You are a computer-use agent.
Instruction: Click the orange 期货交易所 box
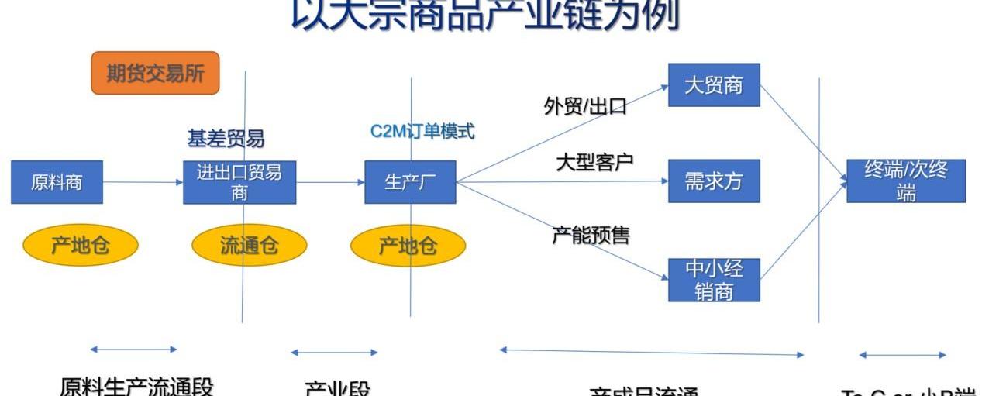pyautogui.click(x=155, y=73)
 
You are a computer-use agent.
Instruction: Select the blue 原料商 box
pyautogui.click(x=57, y=182)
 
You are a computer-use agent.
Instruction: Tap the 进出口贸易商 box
pyautogui.click(x=239, y=182)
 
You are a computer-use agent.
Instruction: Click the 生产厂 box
pyautogui.click(x=410, y=182)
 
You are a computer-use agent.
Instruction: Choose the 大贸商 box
pyautogui.click(x=714, y=84)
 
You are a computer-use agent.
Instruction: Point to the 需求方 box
pyautogui.click(x=714, y=181)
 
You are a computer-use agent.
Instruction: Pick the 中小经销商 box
pyautogui.click(x=714, y=280)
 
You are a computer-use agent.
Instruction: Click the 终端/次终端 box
pyautogui.click(x=905, y=181)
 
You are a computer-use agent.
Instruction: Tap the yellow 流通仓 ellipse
pyautogui.click(x=249, y=246)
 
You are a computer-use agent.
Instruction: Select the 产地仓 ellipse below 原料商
pyautogui.click(x=80, y=246)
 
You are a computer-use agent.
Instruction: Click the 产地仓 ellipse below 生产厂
pyautogui.click(x=408, y=246)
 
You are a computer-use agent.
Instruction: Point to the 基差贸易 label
pyautogui.click(x=226, y=139)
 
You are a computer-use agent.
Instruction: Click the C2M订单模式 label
pyautogui.click(x=422, y=131)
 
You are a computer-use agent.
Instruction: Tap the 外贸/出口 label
pyautogui.click(x=585, y=106)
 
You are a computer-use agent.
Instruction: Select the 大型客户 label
pyautogui.click(x=594, y=162)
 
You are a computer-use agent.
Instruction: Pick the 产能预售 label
pyautogui.click(x=591, y=235)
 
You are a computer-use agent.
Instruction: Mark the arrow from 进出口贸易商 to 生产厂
pyautogui.click(x=330, y=182)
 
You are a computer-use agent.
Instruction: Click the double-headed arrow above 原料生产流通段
pyautogui.click(x=133, y=350)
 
